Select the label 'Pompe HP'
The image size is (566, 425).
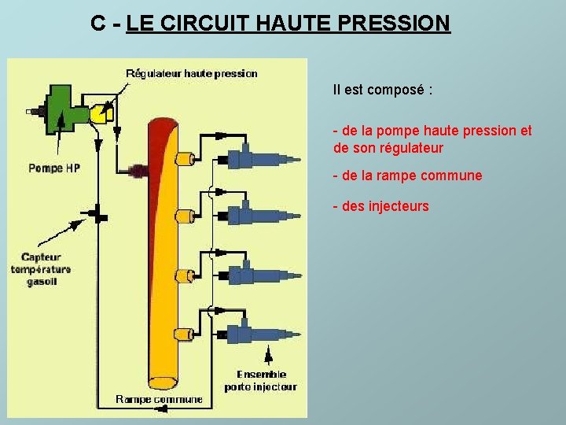[53, 168]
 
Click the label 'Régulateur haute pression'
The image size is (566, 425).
[191, 73]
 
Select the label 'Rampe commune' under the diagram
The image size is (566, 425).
[159, 399]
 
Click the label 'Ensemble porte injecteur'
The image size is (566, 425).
[260, 380]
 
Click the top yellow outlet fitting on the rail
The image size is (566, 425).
[185, 159]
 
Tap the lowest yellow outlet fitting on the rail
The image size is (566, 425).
[185, 334]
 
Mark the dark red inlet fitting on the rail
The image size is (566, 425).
[139, 169]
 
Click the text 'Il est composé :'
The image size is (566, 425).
[383, 90]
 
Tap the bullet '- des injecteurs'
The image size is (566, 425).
[381, 206]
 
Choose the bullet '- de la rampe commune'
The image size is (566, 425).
[408, 176]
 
